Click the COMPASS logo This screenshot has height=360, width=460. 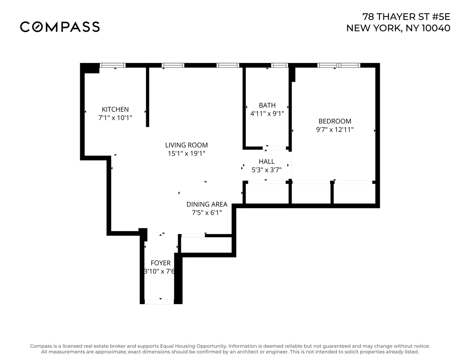[x=60, y=27]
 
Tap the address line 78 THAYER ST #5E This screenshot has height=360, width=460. [x=406, y=17]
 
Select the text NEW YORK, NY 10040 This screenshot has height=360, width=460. [x=398, y=28]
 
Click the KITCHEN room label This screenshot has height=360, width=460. [x=115, y=109]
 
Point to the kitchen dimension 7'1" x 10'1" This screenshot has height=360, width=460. [x=115, y=118]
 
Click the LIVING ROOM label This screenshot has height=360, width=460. [x=186, y=145]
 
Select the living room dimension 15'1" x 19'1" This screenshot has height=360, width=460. [x=186, y=154]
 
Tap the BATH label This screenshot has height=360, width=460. [x=267, y=105]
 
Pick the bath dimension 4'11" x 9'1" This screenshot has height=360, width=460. [x=267, y=114]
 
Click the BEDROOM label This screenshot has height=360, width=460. [x=335, y=121]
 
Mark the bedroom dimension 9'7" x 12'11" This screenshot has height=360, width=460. [x=335, y=130]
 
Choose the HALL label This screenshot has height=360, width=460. [x=267, y=162]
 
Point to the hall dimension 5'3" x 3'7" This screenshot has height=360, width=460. [x=267, y=170]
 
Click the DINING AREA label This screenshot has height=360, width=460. [x=207, y=204]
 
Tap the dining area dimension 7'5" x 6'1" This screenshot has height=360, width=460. [x=207, y=213]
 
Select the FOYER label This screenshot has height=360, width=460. [x=160, y=263]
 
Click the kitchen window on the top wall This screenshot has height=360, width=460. [x=113, y=65]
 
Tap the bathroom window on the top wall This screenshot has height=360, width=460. [x=279, y=65]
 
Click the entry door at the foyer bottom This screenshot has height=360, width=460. [x=159, y=301]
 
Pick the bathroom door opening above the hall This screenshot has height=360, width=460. [x=275, y=148]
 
